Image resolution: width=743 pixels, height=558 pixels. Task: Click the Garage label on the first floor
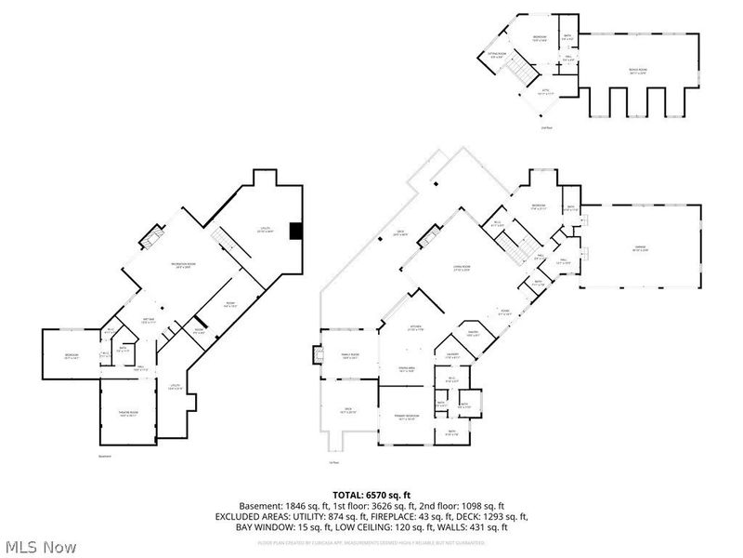point(641,248)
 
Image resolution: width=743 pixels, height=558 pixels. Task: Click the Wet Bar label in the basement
point(148,321)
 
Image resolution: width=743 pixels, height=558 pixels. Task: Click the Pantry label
point(472,334)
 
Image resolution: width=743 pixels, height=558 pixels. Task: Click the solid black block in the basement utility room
point(295,232)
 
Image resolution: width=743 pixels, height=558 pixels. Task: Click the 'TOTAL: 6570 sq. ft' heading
point(371,495)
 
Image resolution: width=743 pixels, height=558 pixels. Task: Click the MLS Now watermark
point(41,546)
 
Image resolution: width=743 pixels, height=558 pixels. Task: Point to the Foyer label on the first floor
point(504,313)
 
